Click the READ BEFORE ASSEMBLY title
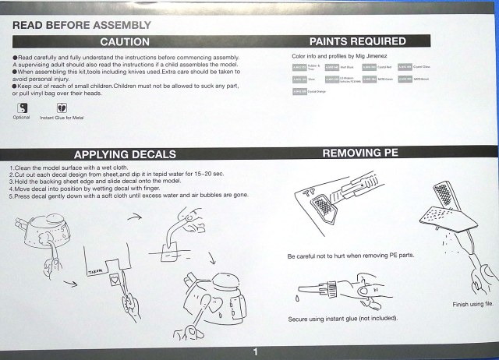[82, 24]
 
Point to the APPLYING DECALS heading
[125, 154]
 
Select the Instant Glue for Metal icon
[55, 108]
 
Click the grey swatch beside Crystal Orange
[299, 93]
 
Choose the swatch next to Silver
[299, 79]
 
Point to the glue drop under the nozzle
[299, 298]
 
